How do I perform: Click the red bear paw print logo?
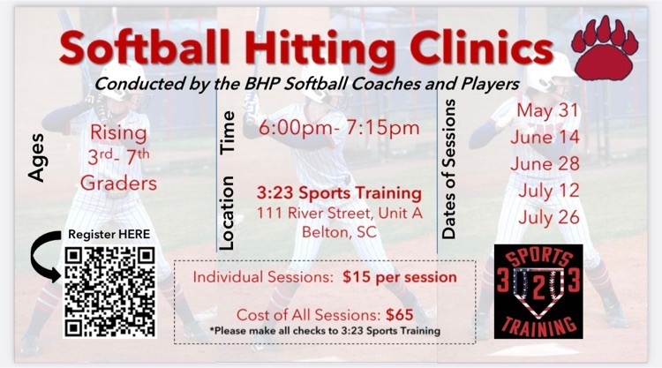click(605, 49)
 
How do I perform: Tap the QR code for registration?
click(109, 292)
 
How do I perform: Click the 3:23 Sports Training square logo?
click(538, 291)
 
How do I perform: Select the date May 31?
click(547, 110)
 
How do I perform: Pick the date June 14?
click(545, 137)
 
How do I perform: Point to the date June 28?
click(545, 164)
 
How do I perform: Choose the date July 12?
click(548, 191)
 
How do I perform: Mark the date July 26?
click(548, 218)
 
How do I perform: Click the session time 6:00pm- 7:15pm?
click(340, 128)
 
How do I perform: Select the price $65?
click(399, 314)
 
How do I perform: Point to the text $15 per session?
click(399, 277)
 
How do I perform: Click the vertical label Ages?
click(37, 158)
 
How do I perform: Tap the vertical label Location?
click(226, 213)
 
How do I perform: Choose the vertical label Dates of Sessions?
click(448, 169)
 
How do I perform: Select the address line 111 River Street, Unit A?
click(340, 213)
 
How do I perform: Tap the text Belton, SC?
click(339, 232)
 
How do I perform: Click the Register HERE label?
click(109, 234)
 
